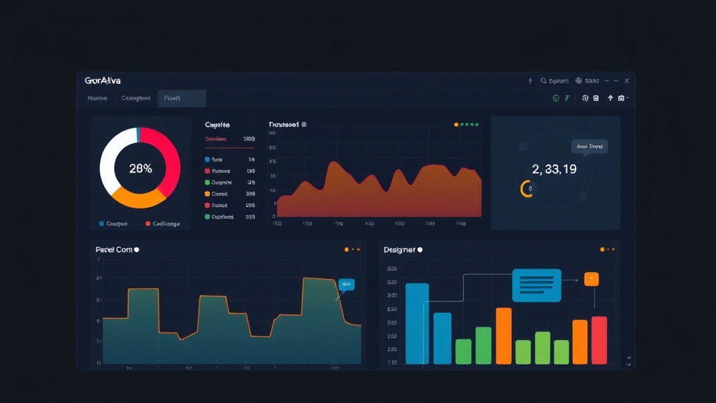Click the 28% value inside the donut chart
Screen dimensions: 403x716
pos(141,169)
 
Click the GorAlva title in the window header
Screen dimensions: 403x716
pos(102,81)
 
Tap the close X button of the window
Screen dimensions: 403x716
pos(626,81)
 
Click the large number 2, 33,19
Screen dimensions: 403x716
pos(554,169)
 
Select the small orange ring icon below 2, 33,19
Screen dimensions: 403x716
pos(525,188)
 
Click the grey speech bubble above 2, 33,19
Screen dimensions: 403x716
pos(589,146)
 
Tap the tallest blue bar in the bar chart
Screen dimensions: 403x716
pos(417,323)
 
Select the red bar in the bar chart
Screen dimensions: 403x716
pos(599,340)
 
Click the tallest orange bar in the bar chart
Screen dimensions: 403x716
pos(503,336)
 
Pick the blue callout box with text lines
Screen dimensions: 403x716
pos(536,285)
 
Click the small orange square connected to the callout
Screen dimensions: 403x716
pos(592,279)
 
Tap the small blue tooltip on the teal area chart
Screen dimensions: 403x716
pos(346,284)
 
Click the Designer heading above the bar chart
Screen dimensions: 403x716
pos(399,250)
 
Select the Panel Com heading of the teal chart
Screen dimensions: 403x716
pos(114,250)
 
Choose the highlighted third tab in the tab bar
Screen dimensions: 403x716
pos(181,99)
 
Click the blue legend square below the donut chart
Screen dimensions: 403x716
pos(102,224)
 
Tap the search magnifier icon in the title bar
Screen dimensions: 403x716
pos(543,81)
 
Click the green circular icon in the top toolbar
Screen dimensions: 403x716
pos(556,99)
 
